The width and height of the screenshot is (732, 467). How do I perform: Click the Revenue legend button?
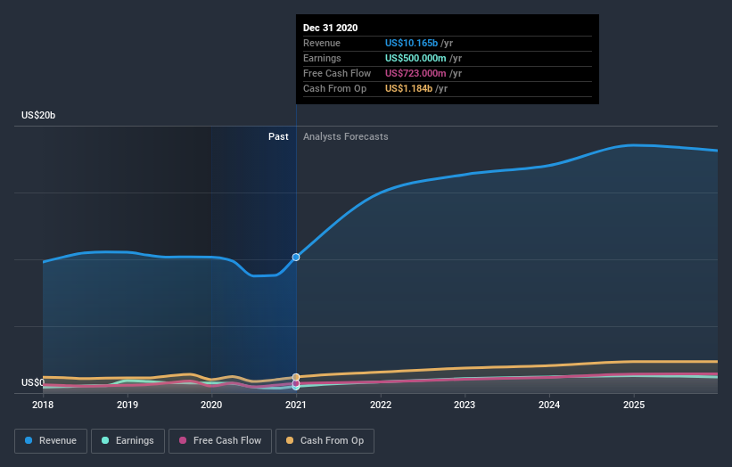click(51, 440)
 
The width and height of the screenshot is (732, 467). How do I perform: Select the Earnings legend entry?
click(127, 440)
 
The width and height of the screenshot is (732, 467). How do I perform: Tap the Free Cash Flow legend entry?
click(220, 440)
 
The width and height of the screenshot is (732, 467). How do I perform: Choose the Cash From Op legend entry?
click(325, 440)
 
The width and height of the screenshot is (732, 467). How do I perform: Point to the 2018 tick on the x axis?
click(43, 405)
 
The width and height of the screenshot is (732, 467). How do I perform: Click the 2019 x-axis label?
click(127, 405)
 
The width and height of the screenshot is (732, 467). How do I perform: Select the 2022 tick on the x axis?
click(381, 405)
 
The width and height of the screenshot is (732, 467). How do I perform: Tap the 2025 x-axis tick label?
click(634, 405)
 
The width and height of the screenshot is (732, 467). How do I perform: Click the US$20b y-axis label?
click(39, 116)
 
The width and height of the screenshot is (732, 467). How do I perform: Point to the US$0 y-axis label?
click(33, 382)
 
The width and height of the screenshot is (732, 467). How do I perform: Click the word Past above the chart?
click(278, 136)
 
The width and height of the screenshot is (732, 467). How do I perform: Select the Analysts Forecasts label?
click(346, 136)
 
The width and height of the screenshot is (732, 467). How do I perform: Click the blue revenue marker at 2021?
click(296, 257)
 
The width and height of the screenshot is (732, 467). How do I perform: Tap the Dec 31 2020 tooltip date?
click(330, 28)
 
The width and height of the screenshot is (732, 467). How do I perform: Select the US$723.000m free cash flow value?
click(415, 73)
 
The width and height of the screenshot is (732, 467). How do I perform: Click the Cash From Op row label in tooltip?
click(333, 88)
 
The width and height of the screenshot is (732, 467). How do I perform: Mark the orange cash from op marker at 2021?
click(296, 377)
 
